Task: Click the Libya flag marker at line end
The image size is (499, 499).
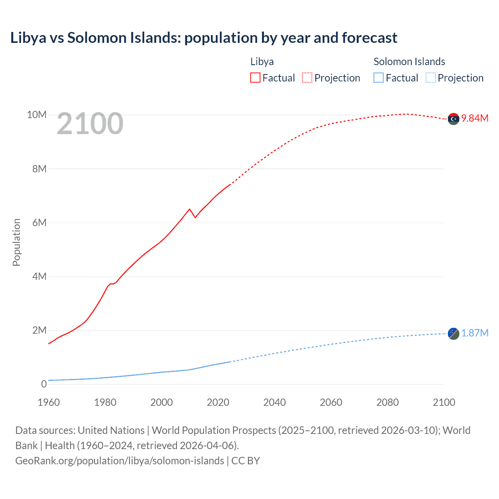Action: click(x=453, y=119)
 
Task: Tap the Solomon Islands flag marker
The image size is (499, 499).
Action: click(x=453, y=334)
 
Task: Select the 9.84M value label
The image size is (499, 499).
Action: click(x=475, y=118)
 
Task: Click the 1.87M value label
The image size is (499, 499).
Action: click(x=475, y=333)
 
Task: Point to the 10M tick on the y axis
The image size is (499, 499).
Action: click(x=37, y=115)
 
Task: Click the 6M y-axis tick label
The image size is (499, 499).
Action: click(x=39, y=223)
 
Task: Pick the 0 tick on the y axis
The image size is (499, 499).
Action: click(x=44, y=384)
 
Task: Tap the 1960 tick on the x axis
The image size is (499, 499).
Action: click(x=49, y=402)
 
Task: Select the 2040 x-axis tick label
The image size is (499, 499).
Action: click(x=274, y=402)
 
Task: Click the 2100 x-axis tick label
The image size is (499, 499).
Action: click(x=444, y=402)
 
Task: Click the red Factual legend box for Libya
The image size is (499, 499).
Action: click(x=255, y=78)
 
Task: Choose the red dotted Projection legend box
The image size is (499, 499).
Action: click(x=307, y=78)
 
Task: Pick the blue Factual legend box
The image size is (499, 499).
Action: click(x=378, y=78)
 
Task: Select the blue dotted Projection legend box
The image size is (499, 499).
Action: click(x=430, y=78)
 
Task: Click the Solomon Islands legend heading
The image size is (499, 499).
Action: click(x=409, y=62)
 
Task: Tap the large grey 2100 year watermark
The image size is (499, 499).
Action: click(x=90, y=124)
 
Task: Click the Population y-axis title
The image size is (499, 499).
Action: click(x=16, y=242)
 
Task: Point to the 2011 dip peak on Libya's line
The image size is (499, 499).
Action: click(x=190, y=209)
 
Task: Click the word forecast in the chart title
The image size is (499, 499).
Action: click(x=370, y=38)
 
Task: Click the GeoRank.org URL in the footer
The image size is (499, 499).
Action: click(x=120, y=460)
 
